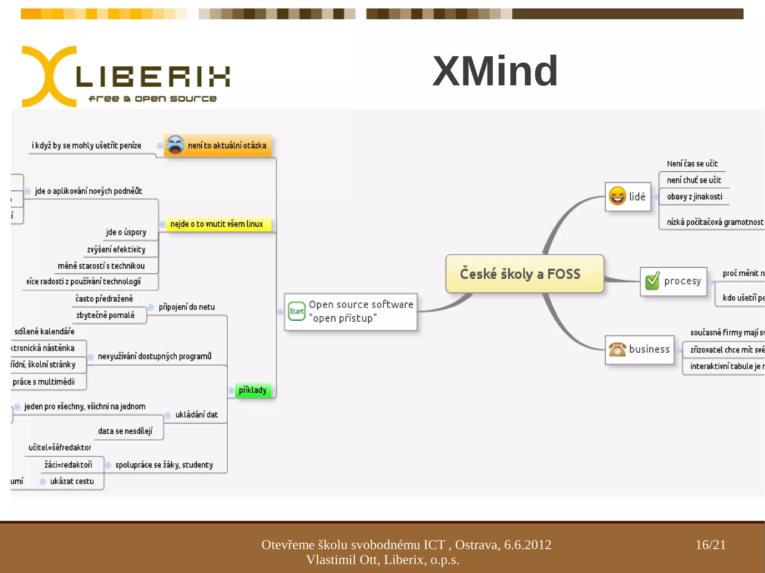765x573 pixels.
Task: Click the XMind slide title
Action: pyautogui.click(x=495, y=71)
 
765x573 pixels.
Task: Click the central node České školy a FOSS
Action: pyautogui.click(x=520, y=274)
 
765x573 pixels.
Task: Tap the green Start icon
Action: pyautogui.click(x=297, y=311)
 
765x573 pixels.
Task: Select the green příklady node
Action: pyautogui.click(x=253, y=390)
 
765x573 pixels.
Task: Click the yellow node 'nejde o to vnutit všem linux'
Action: pyautogui.click(x=217, y=224)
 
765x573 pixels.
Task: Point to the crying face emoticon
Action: pyautogui.click(x=175, y=145)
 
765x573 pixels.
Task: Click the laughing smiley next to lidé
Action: pyautogui.click(x=617, y=196)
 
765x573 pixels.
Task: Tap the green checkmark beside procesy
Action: pyautogui.click(x=652, y=281)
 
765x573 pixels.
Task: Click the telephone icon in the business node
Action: pyautogui.click(x=617, y=349)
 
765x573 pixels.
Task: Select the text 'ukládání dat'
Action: pyautogui.click(x=196, y=415)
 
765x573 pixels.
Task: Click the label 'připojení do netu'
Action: pyautogui.click(x=187, y=307)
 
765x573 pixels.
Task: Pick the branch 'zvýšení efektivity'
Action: pyautogui.click(x=116, y=249)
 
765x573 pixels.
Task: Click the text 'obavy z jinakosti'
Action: pyautogui.click(x=694, y=197)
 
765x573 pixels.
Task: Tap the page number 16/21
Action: pyautogui.click(x=710, y=545)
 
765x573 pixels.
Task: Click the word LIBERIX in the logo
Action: pyautogui.click(x=153, y=77)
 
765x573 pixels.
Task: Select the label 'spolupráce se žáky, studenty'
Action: pyautogui.click(x=164, y=465)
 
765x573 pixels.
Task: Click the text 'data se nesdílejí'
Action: pyautogui.click(x=125, y=431)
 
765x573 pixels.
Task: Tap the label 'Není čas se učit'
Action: pyautogui.click(x=692, y=164)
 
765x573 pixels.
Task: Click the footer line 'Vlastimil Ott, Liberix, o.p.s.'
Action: pyautogui.click(x=382, y=560)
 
